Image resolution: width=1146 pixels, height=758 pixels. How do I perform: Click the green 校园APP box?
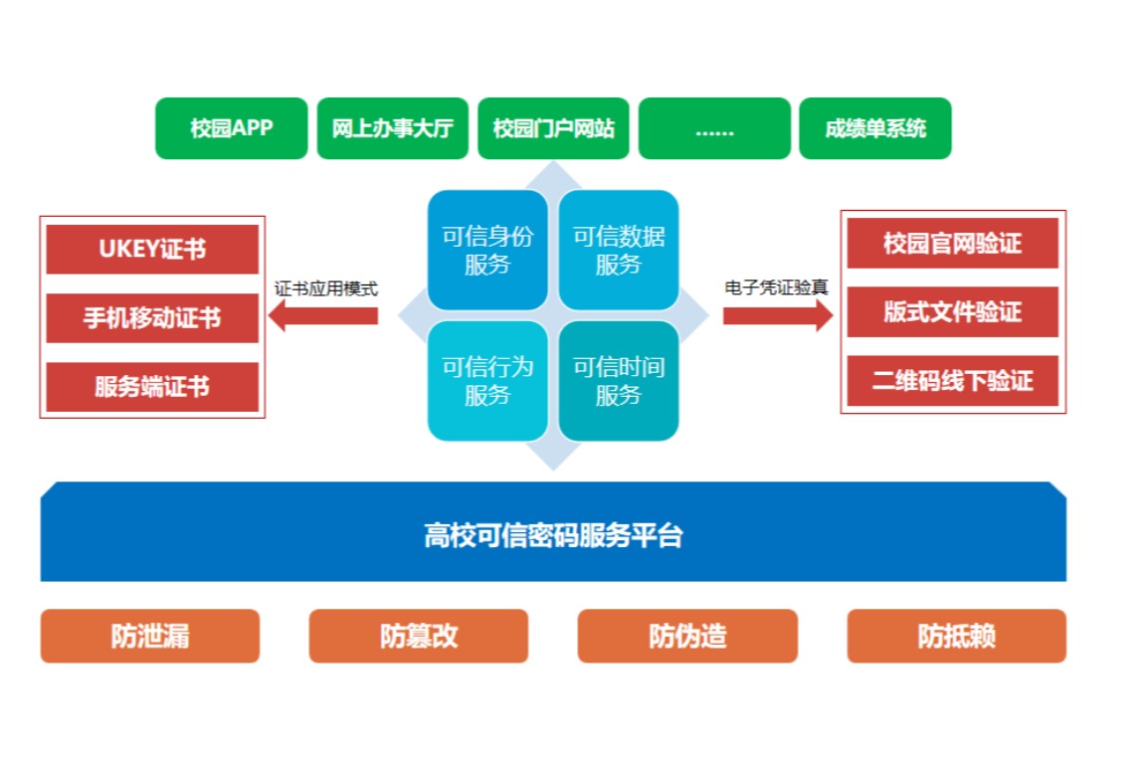pyautogui.click(x=231, y=128)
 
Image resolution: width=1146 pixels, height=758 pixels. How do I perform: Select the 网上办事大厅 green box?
pyautogui.click(x=393, y=128)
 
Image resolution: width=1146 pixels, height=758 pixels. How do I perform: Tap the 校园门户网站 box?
pyautogui.click(x=553, y=128)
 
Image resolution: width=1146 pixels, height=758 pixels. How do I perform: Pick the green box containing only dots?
pyautogui.click(x=714, y=128)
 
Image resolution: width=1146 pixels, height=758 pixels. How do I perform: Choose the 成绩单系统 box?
pyautogui.click(x=874, y=128)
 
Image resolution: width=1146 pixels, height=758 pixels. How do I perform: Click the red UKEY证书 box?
pyautogui.click(x=152, y=250)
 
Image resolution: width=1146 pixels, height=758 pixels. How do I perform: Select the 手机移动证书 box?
pyautogui.click(x=152, y=318)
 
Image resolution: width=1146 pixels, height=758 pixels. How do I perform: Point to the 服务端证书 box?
pyautogui.click(x=152, y=387)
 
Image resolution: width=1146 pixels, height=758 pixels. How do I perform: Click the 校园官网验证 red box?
pyautogui.click(x=952, y=244)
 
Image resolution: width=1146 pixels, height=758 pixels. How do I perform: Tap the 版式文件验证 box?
pyautogui.click(x=952, y=312)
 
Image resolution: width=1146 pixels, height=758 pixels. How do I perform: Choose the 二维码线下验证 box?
pyautogui.click(x=952, y=381)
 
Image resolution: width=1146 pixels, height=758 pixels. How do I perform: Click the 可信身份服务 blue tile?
pyautogui.click(x=487, y=250)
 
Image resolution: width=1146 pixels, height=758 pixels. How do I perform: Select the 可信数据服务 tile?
pyautogui.click(x=619, y=250)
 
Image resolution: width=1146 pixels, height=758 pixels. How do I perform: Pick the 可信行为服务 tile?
pyautogui.click(x=487, y=381)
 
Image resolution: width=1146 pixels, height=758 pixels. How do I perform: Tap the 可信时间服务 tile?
pyautogui.click(x=619, y=381)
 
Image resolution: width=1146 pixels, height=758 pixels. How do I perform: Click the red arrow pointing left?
pyautogui.click(x=323, y=315)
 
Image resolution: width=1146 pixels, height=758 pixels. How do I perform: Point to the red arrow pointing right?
pyautogui.click(x=778, y=315)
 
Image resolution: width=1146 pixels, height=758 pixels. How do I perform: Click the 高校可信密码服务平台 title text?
pyautogui.click(x=553, y=536)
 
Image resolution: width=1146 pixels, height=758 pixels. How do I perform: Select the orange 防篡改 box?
pyautogui.click(x=419, y=636)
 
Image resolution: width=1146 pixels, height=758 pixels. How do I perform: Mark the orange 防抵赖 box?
pyautogui.click(x=957, y=636)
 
